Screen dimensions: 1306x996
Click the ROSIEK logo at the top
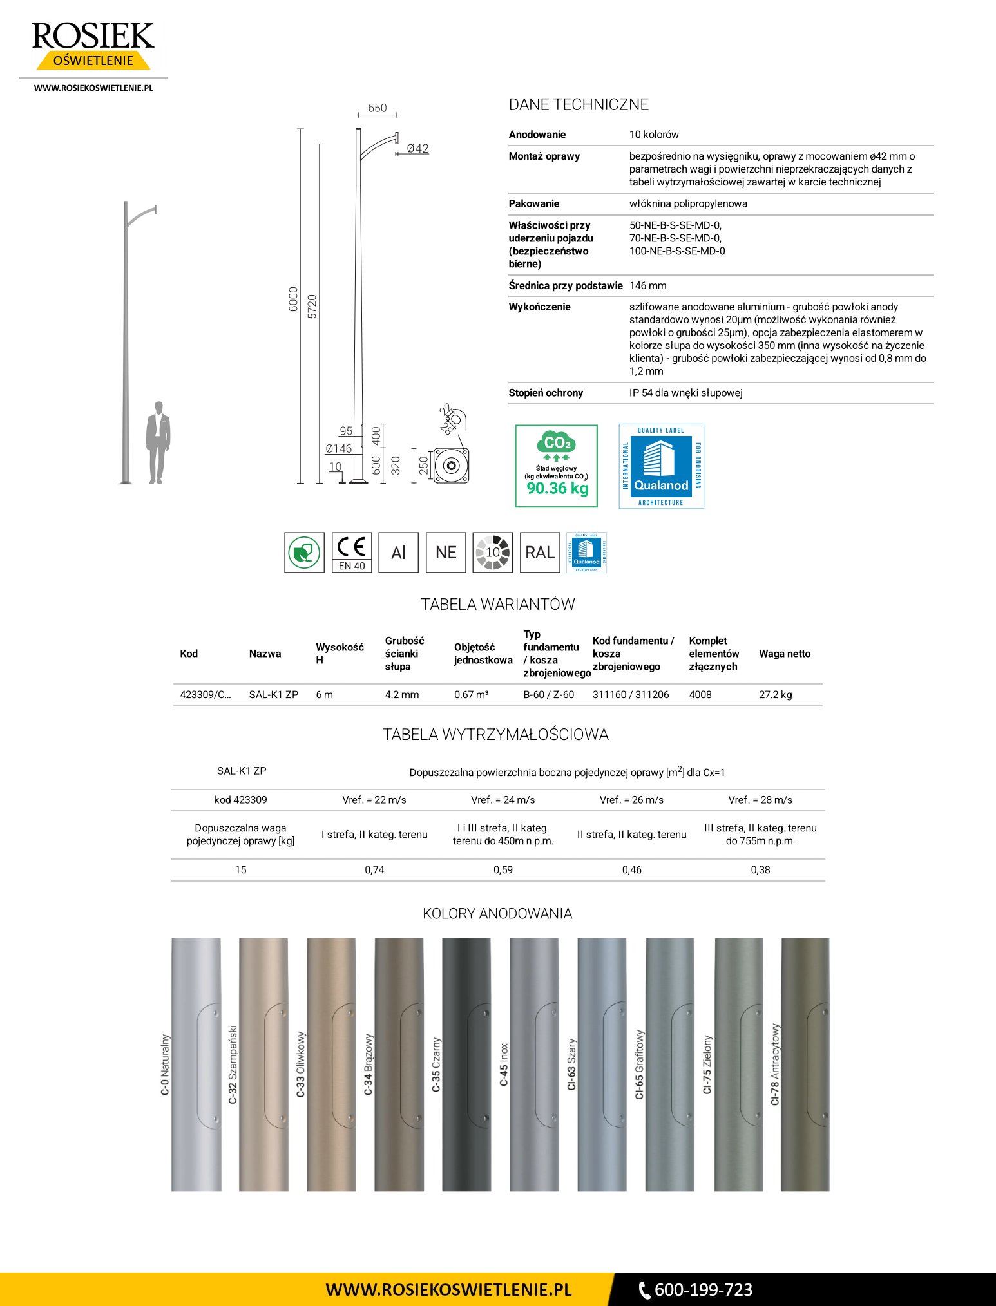point(93,44)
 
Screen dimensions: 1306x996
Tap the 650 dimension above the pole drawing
point(377,108)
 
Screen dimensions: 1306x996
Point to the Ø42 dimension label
point(417,149)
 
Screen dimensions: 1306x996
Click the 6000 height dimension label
point(294,299)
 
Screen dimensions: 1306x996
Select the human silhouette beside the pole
point(157,442)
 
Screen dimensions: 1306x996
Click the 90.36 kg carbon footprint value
point(557,488)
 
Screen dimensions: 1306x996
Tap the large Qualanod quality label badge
point(661,466)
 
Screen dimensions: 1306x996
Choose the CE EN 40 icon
point(352,553)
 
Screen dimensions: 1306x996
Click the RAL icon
point(540,553)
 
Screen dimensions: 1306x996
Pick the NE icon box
point(446,553)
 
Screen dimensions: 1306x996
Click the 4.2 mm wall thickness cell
point(401,695)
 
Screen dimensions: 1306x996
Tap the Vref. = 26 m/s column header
point(631,800)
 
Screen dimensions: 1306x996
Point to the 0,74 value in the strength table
point(374,870)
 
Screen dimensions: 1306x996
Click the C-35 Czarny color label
point(436,1065)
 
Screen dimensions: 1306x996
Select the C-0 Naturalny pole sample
point(196,1065)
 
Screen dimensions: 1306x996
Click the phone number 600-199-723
point(703,1290)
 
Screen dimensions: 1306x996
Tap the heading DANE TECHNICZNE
point(579,105)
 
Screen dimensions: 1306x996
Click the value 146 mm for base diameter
point(647,286)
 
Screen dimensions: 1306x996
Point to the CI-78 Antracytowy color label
point(775,1065)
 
